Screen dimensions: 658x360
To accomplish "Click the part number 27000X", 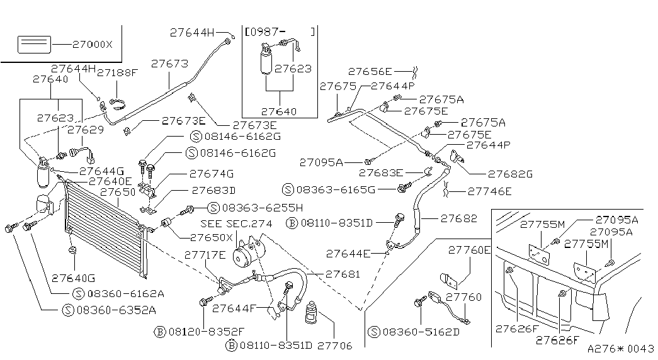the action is [x=93, y=45].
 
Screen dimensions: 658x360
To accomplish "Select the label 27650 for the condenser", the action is [x=118, y=192].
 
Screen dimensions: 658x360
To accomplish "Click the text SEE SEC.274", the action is [x=236, y=223].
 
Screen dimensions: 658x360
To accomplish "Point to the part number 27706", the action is [x=334, y=346].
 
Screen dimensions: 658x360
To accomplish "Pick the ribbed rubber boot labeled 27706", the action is [x=312, y=313].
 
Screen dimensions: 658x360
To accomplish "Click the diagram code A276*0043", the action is [x=621, y=349].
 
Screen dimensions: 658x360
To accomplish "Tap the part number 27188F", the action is [x=117, y=72].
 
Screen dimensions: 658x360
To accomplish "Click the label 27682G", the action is [x=510, y=174].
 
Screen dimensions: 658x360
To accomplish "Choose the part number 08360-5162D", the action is [x=421, y=332].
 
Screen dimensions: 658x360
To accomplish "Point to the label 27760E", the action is [x=469, y=250].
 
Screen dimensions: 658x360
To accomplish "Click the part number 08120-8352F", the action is [x=206, y=332].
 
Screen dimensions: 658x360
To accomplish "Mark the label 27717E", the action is [x=205, y=255].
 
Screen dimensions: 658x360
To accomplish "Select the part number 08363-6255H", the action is [x=263, y=207].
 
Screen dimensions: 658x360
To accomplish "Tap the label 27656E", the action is [x=370, y=72].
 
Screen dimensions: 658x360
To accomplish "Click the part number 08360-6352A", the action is [x=116, y=310].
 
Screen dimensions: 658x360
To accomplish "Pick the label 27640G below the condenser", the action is [x=74, y=278].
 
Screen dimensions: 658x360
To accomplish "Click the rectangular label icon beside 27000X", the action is [x=34, y=45].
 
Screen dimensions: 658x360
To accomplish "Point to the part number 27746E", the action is [x=489, y=191].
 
